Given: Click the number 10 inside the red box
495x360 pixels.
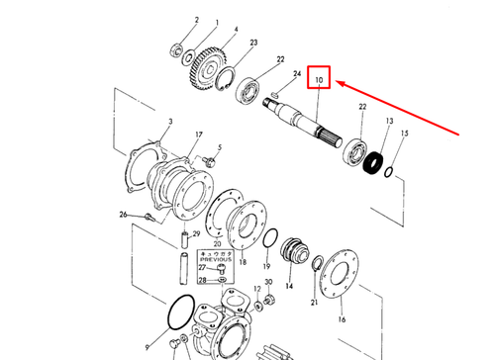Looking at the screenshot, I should (x=320, y=78).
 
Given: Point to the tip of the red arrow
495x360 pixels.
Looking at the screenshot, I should (x=333, y=82).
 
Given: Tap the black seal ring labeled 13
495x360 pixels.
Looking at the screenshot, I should (x=374, y=160).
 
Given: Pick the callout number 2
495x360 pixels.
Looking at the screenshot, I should (x=169, y=20).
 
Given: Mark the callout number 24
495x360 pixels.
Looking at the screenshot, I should (x=295, y=75).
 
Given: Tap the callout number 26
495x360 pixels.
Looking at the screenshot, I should (x=122, y=214).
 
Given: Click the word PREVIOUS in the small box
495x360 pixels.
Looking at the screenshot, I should (x=215, y=260).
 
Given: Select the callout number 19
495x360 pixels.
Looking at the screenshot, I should (x=266, y=267).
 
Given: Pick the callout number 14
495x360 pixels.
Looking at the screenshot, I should (x=289, y=285).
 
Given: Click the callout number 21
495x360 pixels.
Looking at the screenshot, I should (x=314, y=302).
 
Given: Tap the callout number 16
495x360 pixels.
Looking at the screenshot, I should (x=341, y=319).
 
